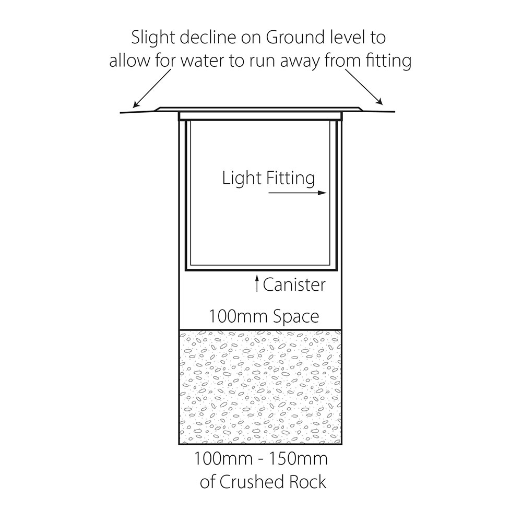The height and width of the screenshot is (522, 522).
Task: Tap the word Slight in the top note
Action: [153, 38]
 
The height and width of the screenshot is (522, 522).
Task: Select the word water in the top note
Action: [203, 61]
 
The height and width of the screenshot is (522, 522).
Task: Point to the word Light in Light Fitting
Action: [242, 179]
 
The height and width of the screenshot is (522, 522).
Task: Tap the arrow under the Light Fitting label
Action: [298, 193]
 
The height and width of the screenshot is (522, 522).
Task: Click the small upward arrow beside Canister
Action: [257, 283]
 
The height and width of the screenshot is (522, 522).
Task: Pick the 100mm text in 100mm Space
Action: [239, 316]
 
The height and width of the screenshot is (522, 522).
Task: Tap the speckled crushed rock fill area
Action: [260, 387]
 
